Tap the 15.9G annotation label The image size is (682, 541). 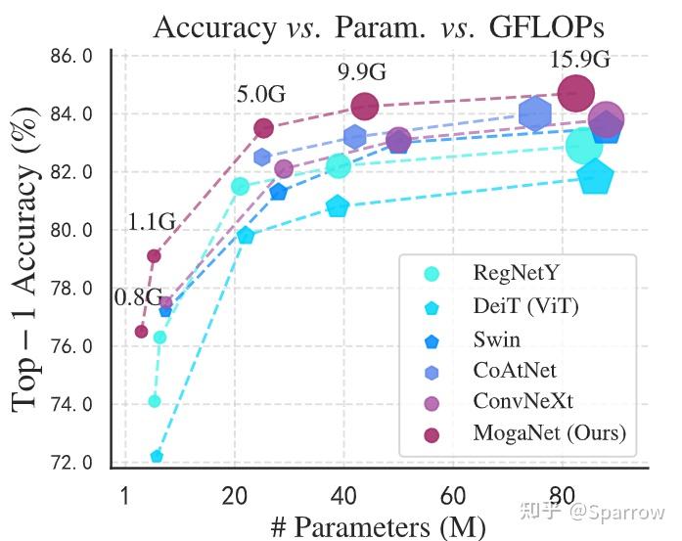579,60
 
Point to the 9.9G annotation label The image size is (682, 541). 362,72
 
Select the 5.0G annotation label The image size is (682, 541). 260,95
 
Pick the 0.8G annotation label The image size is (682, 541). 138,297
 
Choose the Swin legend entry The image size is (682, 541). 496,339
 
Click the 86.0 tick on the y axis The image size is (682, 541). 72,57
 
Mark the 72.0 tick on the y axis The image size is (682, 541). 72,462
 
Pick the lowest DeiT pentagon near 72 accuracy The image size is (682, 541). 157,456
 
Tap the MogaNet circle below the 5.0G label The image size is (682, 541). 263,128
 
